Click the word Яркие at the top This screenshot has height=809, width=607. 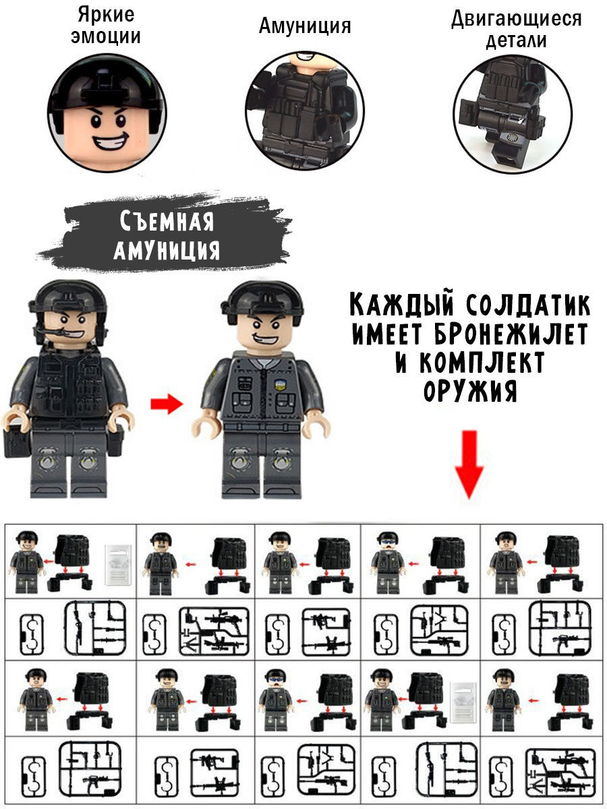[106, 15]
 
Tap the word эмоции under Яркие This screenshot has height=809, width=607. [106, 36]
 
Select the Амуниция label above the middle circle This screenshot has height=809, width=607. [305, 26]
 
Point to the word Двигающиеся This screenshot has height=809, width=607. [517, 18]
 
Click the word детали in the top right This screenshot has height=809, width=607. [516, 40]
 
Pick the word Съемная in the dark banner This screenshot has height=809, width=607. [167, 221]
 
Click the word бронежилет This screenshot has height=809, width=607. [511, 334]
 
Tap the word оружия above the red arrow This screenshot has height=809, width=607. [470, 391]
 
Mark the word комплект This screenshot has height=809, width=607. [482, 362]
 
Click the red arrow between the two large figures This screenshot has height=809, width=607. [167, 404]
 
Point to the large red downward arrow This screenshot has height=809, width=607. [469, 465]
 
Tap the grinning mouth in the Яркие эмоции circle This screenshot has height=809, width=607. [111, 141]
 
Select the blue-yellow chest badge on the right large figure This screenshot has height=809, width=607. [279, 386]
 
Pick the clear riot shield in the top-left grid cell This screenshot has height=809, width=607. [118, 565]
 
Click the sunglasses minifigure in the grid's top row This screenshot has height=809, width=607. [387, 562]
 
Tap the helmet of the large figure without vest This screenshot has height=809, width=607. [262, 301]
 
